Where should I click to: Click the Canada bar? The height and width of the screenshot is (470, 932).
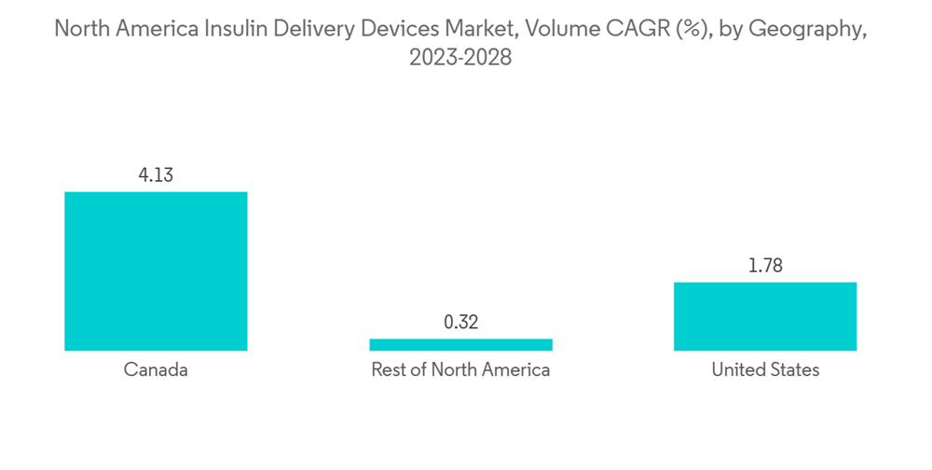pyautogui.click(x=156, y=270)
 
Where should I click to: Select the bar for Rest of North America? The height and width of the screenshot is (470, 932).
pyautogui.click(x=460, y=344)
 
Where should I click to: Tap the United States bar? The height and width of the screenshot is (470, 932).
pyautogui.click(x=765, y=316)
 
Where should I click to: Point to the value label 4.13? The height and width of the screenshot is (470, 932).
pyautogui.click(x=156, y=174)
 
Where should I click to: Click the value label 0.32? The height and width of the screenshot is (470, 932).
pyautogui.click(x=460, y=323)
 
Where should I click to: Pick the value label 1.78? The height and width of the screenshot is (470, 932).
pyautogui.click(x=765, y=266)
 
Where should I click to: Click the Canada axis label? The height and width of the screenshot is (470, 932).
pyautogui.click(x=156, y=370)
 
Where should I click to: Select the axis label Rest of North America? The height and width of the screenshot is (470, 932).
pyautogui.click(x=460, y=370)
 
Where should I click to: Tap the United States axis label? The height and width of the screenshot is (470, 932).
pyautogui.click(x=765, y=370)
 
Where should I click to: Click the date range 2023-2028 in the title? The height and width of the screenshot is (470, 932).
pyautogui.click(x=460, y=58)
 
